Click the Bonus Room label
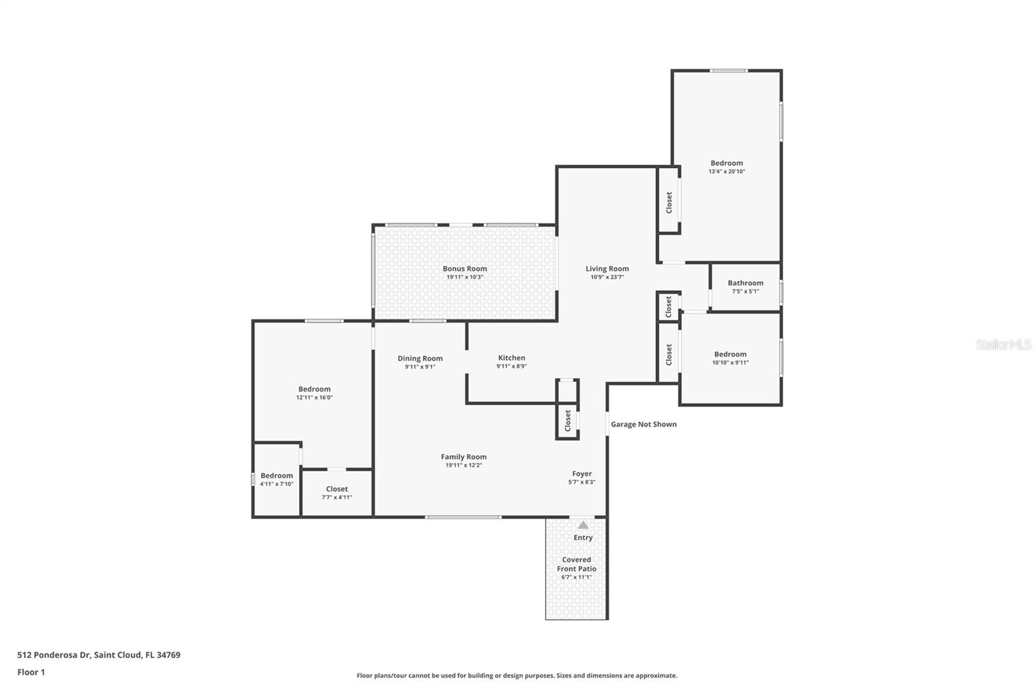(x=465, y=268)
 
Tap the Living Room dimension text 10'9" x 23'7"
(x=607, y=277)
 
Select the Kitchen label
(x=511, y=357)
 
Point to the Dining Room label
(x=420, y=358)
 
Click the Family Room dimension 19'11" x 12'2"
(x=463, y=465)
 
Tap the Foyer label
(x=582, y=474)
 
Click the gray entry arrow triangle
(x=583, y=525)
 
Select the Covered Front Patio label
(x=576, y=564)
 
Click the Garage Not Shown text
(x=644, y=424)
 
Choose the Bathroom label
(x=746, y=282)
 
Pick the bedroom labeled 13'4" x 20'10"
(x=726, y=167)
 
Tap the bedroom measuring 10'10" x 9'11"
(x=730, y=358)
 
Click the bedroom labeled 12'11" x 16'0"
(x=314, y=392)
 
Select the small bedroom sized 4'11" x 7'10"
(x=277, y=480)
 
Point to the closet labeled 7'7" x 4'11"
(x=337, y=493)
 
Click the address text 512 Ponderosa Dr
(x=54, y=655)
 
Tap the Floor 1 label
(x=31, y=672)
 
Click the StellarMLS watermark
(x=1004, y=344)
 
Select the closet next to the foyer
(x=567, y=421)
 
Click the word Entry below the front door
(x=583, y=538)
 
